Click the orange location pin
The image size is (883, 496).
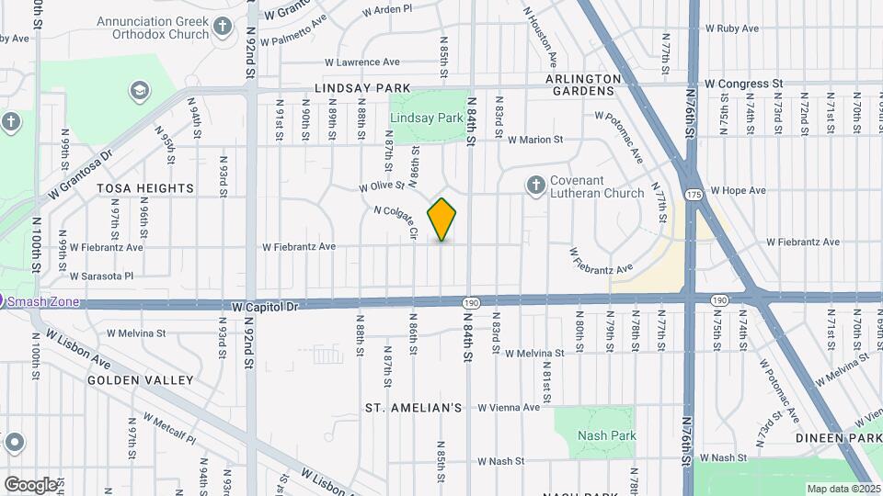tap(442, 219)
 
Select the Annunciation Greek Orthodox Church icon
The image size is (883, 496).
tap(223, 28)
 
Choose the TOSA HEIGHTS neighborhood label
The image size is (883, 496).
tap(145, 188)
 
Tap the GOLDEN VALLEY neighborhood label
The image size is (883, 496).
tap(141, 379)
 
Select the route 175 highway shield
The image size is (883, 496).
tap(694, 195)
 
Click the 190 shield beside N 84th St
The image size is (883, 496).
tap(471, 302)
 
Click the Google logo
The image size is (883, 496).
tap(29, 484)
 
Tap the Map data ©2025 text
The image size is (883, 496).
tap(842, 489)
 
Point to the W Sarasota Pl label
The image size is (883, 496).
tap(101, 275)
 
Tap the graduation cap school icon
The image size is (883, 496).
tap(139, 90)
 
